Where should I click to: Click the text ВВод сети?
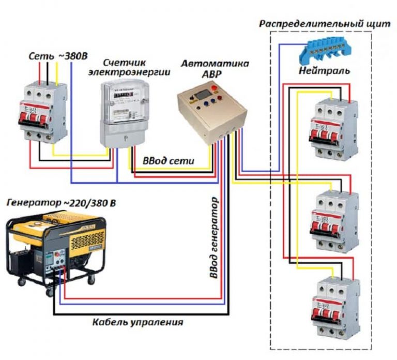pyautogui.click(x=169, y=161)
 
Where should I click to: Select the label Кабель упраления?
pyautogui.click(x=138, y=322)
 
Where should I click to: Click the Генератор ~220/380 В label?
pyautogui.click(x=61, y=203)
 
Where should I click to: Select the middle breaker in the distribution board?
pyautogui.click(x=331, y=220)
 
